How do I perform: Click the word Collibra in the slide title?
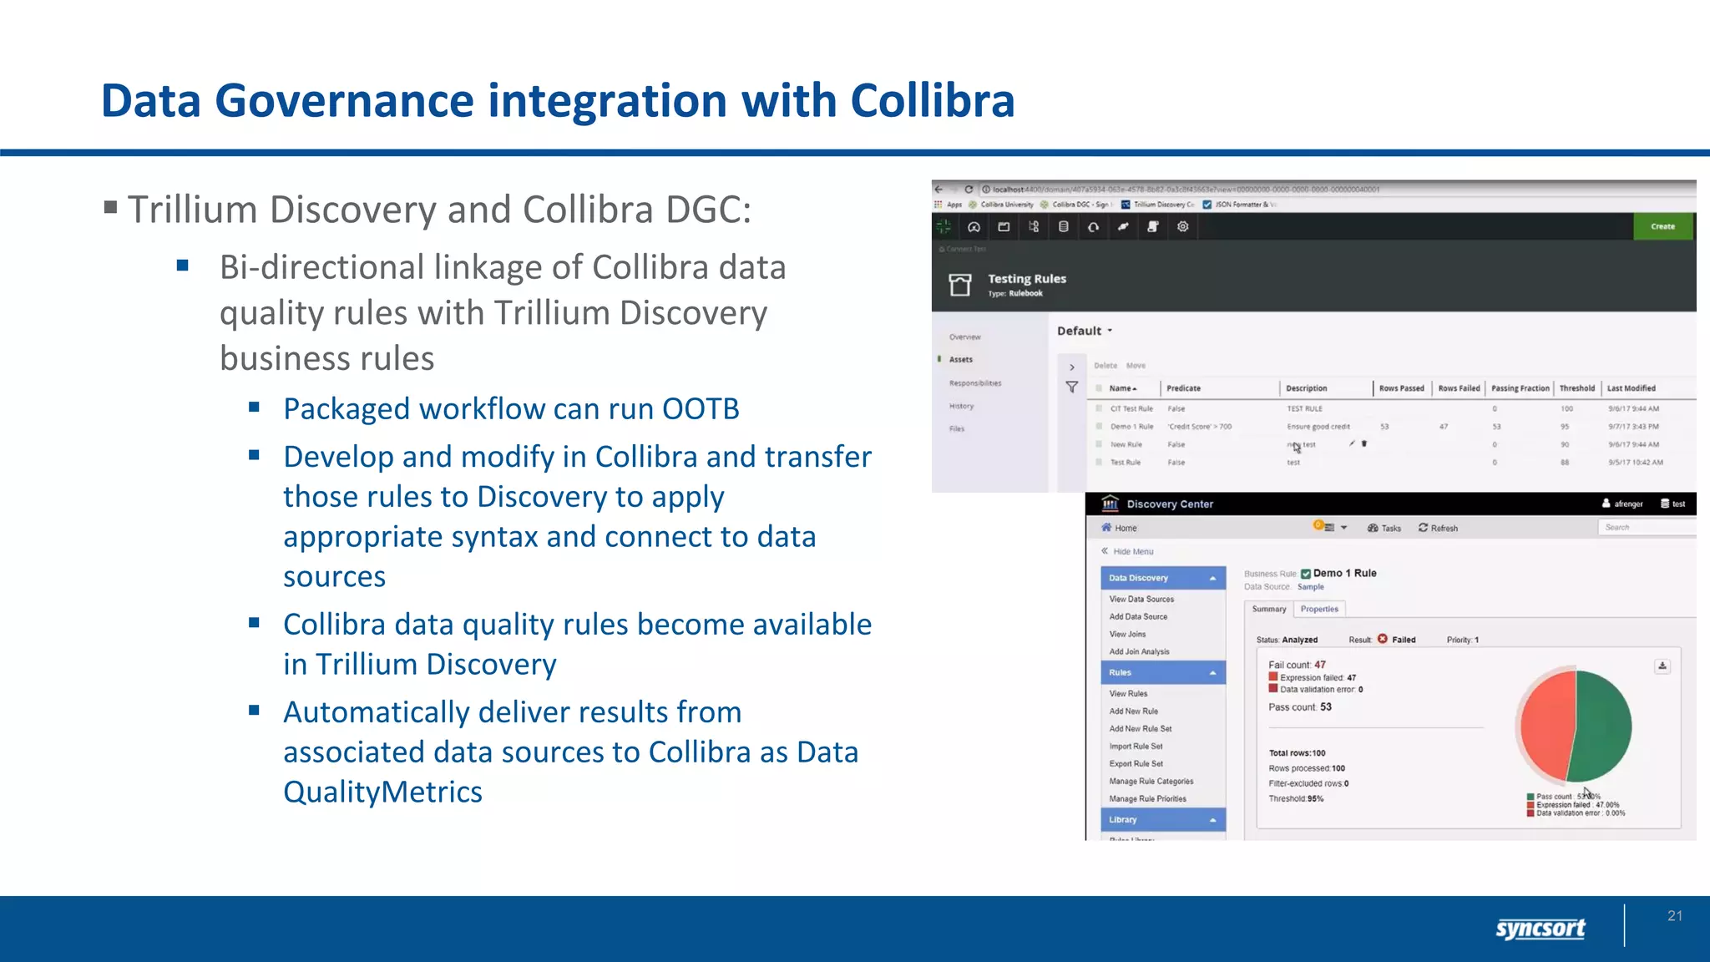click(932, 101)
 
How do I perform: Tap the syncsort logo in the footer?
click(1540, 928)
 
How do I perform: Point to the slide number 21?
click(1674, 916)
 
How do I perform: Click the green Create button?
click(1662, 226)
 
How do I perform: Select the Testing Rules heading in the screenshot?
click(1026, 279)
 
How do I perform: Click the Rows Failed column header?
click(1458, 388)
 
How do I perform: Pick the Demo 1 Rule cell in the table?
click(1131, 427)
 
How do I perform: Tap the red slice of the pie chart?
click(1546, 725)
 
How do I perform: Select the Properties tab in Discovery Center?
click(1318, 609)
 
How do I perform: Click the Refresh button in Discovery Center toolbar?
click(1438, 528)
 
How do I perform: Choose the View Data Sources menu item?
click(1141, 599)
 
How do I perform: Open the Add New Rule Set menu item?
click(1140, 729)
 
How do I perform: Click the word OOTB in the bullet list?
click(700, 409)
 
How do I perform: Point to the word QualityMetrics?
click(382, 792)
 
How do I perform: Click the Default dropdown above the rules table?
click(1084, 331)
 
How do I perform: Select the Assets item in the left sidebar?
click(960, 360)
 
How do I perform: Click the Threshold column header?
click(1576, 388)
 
